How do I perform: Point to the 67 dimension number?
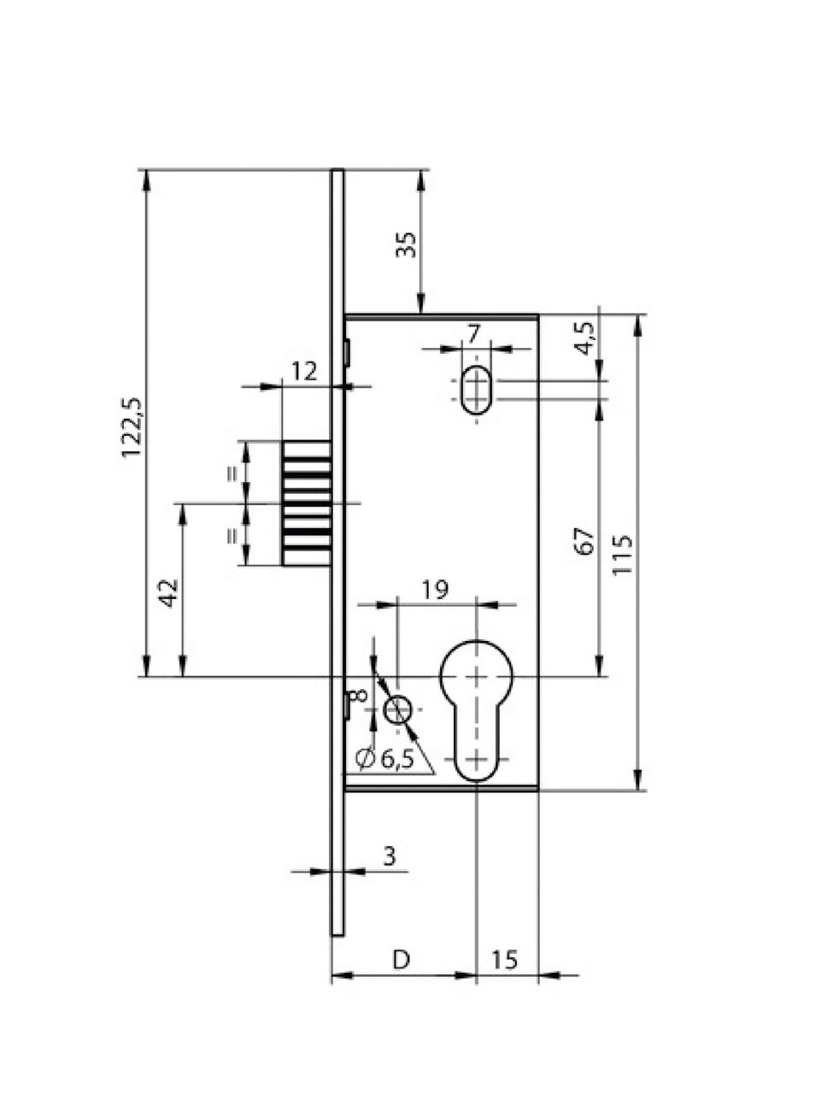[584, 542]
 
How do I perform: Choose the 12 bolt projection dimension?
[304, 371]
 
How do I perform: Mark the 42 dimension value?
[169, 592]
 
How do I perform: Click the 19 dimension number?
[435, 590]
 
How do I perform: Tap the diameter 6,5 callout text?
[384, 758]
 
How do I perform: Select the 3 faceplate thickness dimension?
[390, 856]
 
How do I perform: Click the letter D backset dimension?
[401, 960]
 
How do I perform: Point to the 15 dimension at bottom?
[506, 960]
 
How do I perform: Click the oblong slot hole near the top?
[475, 390]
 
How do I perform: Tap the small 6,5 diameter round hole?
[397, 709]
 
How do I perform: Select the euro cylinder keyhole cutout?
[474, 705]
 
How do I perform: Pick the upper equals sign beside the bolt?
[232, 473]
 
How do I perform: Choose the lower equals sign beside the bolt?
[232, 536]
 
